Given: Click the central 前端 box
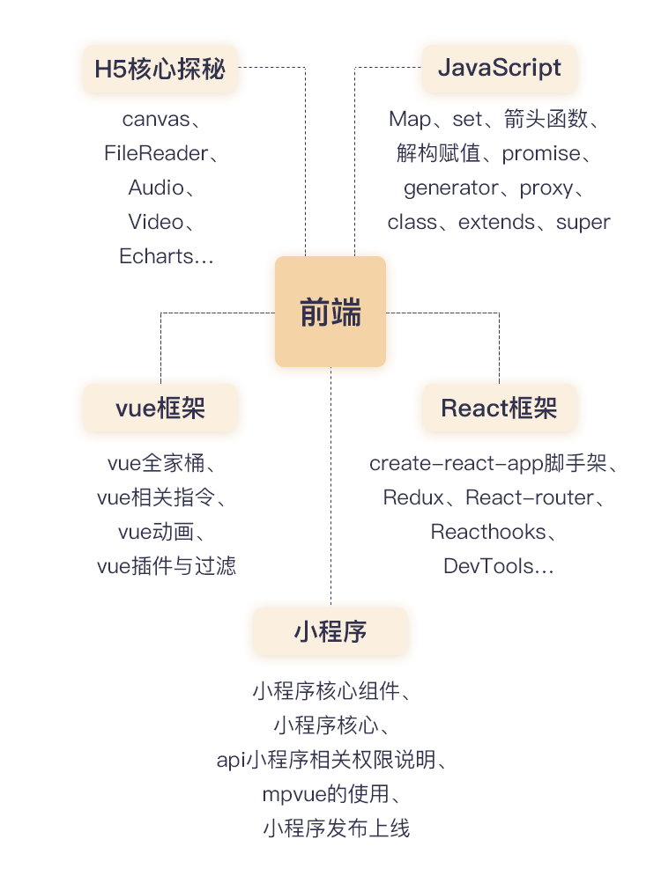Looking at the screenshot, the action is tap(330, 312).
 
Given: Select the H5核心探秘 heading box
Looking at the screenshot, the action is tap(160, 69).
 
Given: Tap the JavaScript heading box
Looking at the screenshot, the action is tap(499, 69).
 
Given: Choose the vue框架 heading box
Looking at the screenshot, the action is tap(160, 408).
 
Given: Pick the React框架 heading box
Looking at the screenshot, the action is tap(499, 408).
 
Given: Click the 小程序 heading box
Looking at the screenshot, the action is tap(330, 631).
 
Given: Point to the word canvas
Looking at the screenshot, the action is tap(155, 119).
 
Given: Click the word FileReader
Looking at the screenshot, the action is tap(156, 153).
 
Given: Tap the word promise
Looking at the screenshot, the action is tap(541, 153).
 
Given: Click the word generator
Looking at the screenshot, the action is tap(450, 188).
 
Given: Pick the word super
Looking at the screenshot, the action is tap(583, 222).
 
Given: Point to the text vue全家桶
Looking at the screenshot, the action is tap(155, 463).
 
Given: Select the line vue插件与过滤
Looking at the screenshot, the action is tap(167, 566).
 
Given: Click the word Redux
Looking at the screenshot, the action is tap(413, 497).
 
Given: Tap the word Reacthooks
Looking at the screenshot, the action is tap(486, 532).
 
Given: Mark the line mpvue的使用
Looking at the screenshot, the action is tap(325, 794).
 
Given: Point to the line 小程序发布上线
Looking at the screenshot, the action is tap(336, 828).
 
